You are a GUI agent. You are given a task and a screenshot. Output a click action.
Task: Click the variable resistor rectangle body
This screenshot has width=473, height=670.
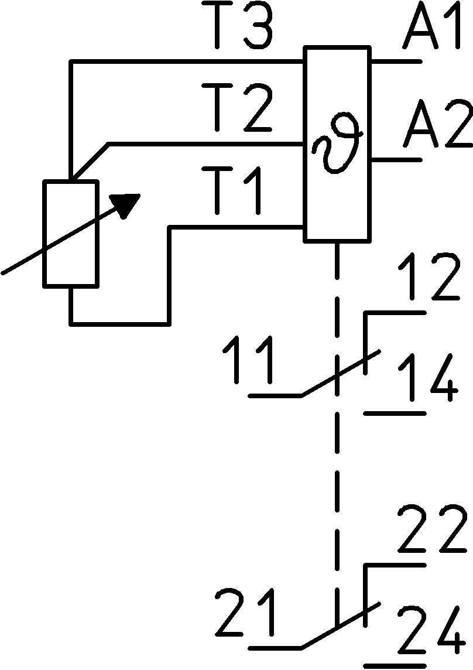pyautogui.click(x=70, y=234)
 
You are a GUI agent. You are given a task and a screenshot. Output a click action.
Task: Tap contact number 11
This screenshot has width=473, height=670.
pyautogui.click(x=248, y=361)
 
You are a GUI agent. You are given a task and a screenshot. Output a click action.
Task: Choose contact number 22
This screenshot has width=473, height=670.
pyautogui.click(x=432, y=530)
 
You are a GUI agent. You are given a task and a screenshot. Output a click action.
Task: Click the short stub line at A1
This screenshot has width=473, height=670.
pyautogui.click(x=395, y=61)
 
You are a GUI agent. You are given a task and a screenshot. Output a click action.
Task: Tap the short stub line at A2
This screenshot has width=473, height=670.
pyautogui.click(x=395, y=159)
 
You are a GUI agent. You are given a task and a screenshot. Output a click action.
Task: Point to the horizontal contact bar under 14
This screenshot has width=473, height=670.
pyautogui.click(x=395, y=413)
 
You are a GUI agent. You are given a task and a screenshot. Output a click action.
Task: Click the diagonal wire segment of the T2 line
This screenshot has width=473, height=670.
pyautogui.click(x=90, y=160)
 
